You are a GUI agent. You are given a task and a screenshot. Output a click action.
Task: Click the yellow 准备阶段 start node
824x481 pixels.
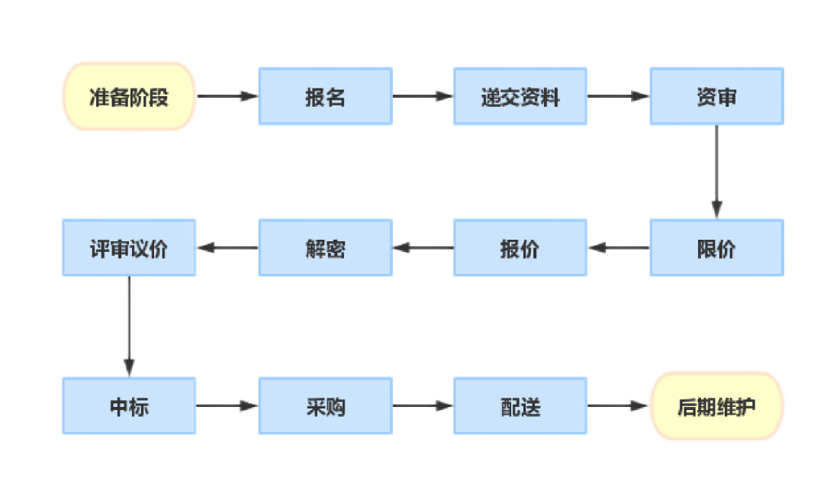click(x=129, y=96)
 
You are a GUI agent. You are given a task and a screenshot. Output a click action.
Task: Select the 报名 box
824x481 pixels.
click(x=326, y=96)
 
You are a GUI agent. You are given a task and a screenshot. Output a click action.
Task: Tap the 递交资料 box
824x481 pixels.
click(x=520, y=96)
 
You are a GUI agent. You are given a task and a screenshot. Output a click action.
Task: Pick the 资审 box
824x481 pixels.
click(x=716, y=96)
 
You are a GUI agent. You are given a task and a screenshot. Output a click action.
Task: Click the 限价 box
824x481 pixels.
click(x=716, y=247)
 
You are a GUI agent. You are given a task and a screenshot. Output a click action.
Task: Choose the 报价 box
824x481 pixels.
click(x=520, y=247)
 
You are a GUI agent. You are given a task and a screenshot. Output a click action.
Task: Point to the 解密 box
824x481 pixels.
click(x=326, y=247)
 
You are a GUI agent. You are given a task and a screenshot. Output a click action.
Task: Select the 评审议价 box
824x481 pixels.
click(x=129, y=247)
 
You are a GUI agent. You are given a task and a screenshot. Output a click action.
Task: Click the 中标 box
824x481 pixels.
click(x=129, y=405)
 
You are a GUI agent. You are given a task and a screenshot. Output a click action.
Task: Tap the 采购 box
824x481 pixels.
click(x=326, y=405)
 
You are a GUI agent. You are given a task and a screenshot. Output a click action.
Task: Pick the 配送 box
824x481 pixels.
click(x=520, y=405)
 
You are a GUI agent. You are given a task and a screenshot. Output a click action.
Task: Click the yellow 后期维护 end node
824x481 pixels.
click(x=716, y=405)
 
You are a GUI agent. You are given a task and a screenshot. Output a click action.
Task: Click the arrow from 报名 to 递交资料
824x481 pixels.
click(x=423, y=96)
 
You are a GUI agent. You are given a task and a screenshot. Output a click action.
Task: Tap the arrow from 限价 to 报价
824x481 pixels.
click(x=619, y=247)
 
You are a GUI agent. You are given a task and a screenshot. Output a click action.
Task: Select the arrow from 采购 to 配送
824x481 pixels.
click(x=423, y=405)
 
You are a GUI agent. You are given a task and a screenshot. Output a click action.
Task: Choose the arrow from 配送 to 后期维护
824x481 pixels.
click(x=619, y=405)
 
